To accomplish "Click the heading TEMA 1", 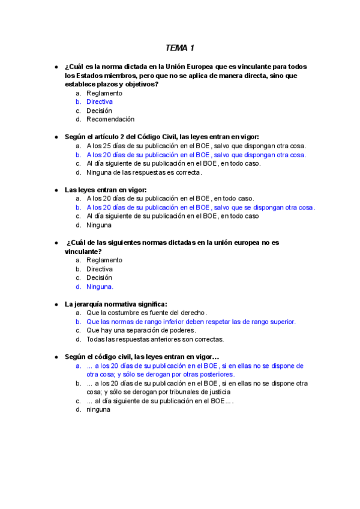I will (179, 47).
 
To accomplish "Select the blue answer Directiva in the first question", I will (100, 102).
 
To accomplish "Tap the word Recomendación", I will (110, 119).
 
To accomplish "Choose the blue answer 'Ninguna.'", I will (100, 287).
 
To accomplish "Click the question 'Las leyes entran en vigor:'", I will (106, 190).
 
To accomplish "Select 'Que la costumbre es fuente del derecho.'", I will (147, 313).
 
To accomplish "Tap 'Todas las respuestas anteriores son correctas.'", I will (155, 339).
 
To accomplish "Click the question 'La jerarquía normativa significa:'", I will (116, 304).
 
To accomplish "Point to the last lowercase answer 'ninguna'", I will (98, 410).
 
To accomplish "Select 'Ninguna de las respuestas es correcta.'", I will (144, 173).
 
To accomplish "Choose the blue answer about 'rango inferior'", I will (191, 322).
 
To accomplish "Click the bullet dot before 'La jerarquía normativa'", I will (56, 304).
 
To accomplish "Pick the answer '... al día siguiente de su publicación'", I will (160, 401).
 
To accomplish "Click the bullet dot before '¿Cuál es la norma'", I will (56, 67).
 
